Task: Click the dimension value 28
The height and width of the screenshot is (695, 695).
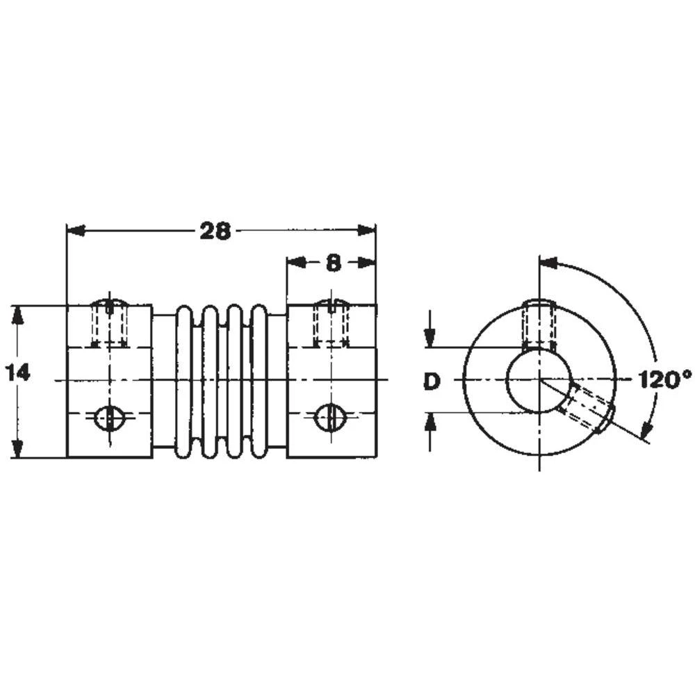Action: pyautogui.click(x=215, y=231)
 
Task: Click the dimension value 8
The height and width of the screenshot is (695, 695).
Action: pyautogui.click(x=333, y=262)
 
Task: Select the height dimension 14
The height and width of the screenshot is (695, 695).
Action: pyautogui.click(x=19, y=373)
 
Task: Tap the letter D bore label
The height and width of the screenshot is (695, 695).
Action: pyautogui.click(x=432, y=380)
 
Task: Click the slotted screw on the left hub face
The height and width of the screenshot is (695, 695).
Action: pyautogui.click(x=108, y=417)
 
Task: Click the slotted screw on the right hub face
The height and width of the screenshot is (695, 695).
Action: pyautogui.click(x=330, y=417)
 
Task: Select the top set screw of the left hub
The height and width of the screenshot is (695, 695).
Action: pyautogui.click(x=109, y=322)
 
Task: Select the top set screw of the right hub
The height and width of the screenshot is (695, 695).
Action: pyautogui.click(x=331, y=322)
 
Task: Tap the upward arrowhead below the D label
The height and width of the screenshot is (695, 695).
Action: pyautogui.click(x=431, y=420)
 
